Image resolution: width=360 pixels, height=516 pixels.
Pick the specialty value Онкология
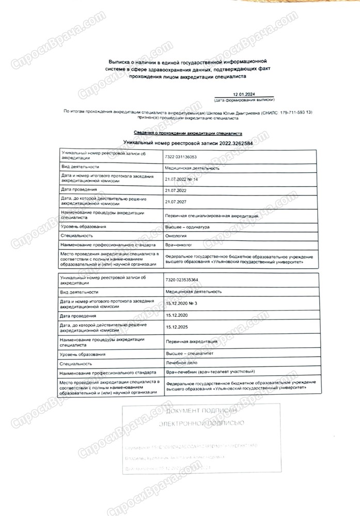click(x=176, y=235)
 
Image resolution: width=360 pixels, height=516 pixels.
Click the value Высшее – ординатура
click(x=187, y=227)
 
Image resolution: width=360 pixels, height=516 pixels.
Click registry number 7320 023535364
click(x=181, y=280)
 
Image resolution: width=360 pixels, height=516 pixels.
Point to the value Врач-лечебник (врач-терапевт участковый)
click(x=213, y=372)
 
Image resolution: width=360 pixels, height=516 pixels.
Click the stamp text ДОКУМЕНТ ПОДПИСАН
click(x=201, y=411)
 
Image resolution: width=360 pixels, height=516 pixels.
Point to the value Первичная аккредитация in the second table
click(x=192, y=341)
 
